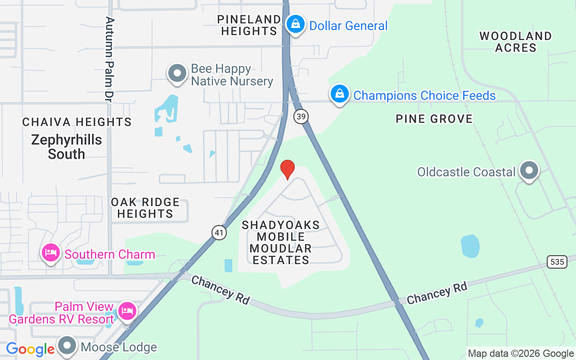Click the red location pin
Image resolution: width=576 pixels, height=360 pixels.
click(287, 169)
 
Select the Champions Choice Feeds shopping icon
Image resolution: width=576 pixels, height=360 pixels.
click(340, 94)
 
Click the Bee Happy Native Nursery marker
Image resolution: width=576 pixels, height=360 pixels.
click(177, 73)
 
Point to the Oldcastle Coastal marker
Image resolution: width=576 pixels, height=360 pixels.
click(529, 171)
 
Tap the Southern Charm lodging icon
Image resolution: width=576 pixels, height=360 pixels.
click(51, 253)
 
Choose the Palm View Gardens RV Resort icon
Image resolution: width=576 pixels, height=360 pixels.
click(127, 310)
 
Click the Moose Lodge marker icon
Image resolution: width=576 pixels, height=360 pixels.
click(68, 346)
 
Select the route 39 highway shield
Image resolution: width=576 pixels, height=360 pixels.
click(301, 117)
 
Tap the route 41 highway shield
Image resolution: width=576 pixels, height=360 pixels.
click(219, 232)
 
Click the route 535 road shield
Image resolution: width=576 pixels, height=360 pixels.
click(557, 261)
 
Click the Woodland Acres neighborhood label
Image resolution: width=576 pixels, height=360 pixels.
click(515, 42)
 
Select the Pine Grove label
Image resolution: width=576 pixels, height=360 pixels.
click(434, 119)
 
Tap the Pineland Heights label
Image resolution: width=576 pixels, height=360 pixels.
click(249, 25)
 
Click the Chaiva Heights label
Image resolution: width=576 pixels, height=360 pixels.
click(77, 122)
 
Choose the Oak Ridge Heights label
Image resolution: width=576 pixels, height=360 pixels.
click(145, 208)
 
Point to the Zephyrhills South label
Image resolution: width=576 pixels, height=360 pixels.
click(67, 147)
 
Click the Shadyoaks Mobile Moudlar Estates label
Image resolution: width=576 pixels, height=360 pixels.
click(281, 242)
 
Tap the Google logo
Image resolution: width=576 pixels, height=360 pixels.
click(30, 349)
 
